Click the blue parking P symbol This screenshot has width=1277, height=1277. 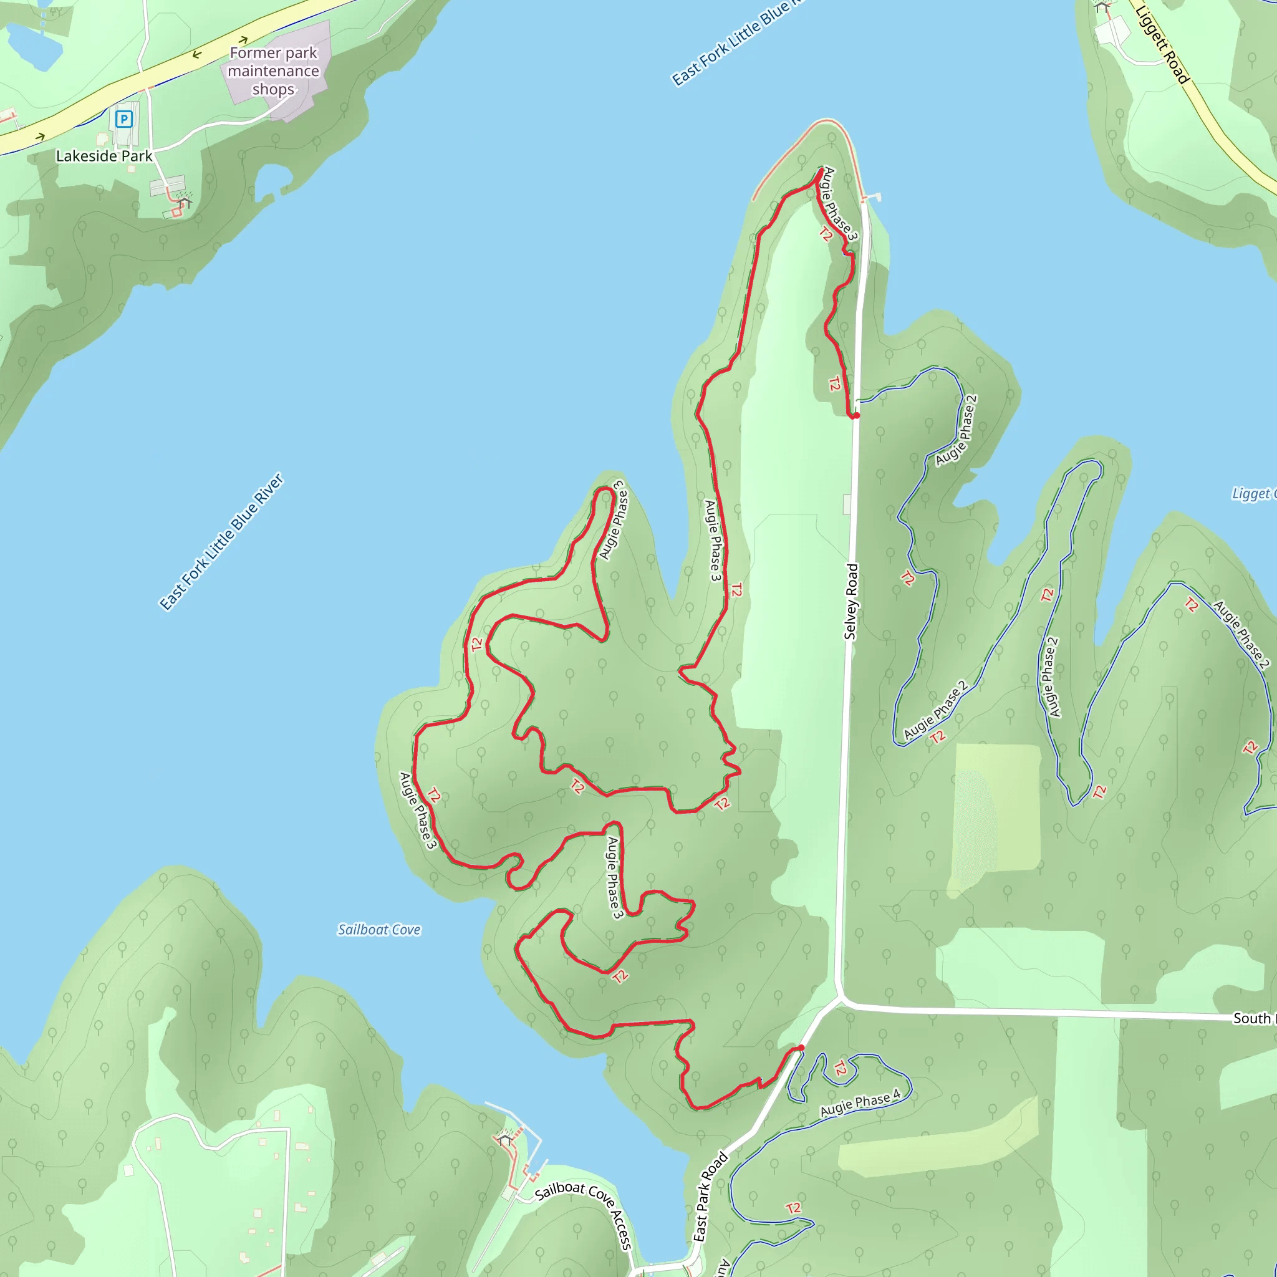[123, 119]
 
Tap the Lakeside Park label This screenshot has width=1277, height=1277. [104, 156]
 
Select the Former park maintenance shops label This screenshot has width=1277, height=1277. [273, 70]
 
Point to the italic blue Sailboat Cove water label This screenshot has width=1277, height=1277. [378, 930]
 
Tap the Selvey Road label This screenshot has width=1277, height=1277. [851, 602]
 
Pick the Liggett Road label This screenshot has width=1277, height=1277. [1163, 43]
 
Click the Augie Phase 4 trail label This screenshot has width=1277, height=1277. [860, 1102]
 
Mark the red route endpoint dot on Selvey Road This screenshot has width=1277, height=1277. [856, 416]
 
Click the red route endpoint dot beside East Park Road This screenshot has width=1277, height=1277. [801, 1048]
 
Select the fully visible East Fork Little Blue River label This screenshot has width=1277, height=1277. [221, 542]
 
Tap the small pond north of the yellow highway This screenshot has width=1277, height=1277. [33, 46]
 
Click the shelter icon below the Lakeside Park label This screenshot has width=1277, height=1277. [185, 202]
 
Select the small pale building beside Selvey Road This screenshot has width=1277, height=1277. [847, 504]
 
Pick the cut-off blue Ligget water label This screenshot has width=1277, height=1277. [1253, 494]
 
